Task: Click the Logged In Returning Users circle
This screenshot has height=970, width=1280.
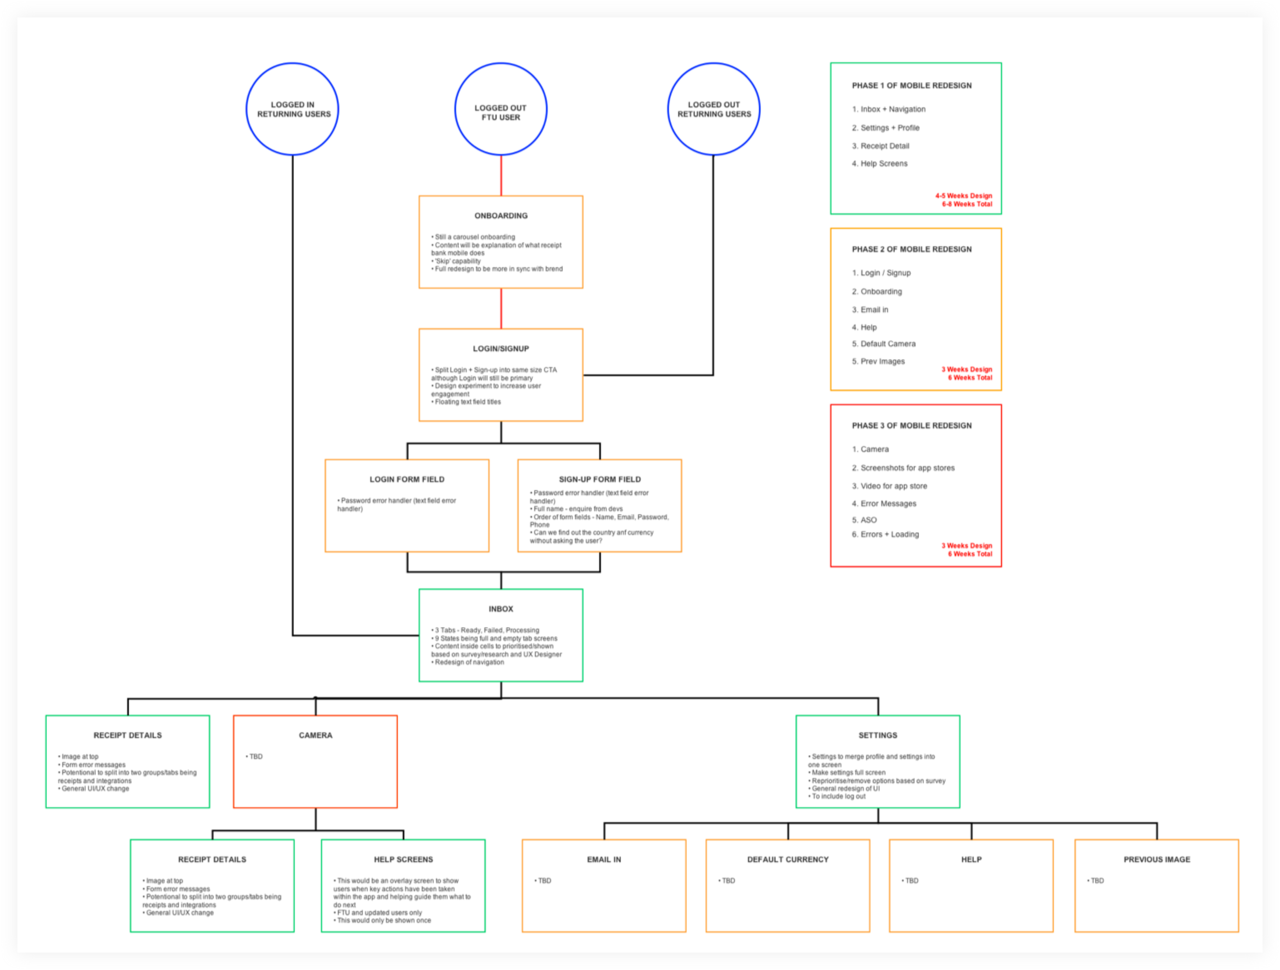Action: [x=293, y=109]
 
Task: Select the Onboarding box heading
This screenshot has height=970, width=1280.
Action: [x=501, y=216]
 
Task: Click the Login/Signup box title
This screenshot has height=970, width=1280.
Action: [x=501, y=349]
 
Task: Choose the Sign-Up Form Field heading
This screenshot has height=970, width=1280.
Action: [x=600, y=480]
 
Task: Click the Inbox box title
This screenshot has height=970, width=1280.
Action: [x=501, y=609]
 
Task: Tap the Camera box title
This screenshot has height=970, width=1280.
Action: [x=315, y=735]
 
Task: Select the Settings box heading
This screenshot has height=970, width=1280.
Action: [x=877, y=735]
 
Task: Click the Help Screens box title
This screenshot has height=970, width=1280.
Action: [x=403, y=859]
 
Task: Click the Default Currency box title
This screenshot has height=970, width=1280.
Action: [x=788, y=859]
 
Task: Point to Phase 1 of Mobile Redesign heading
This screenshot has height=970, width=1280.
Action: [x=912, y=86]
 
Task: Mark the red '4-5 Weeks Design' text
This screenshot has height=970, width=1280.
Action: [x=964, y=196]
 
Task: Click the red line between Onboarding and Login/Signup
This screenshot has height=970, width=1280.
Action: [x=501, y=308]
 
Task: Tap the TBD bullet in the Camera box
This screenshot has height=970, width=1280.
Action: [x=255, y=756]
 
